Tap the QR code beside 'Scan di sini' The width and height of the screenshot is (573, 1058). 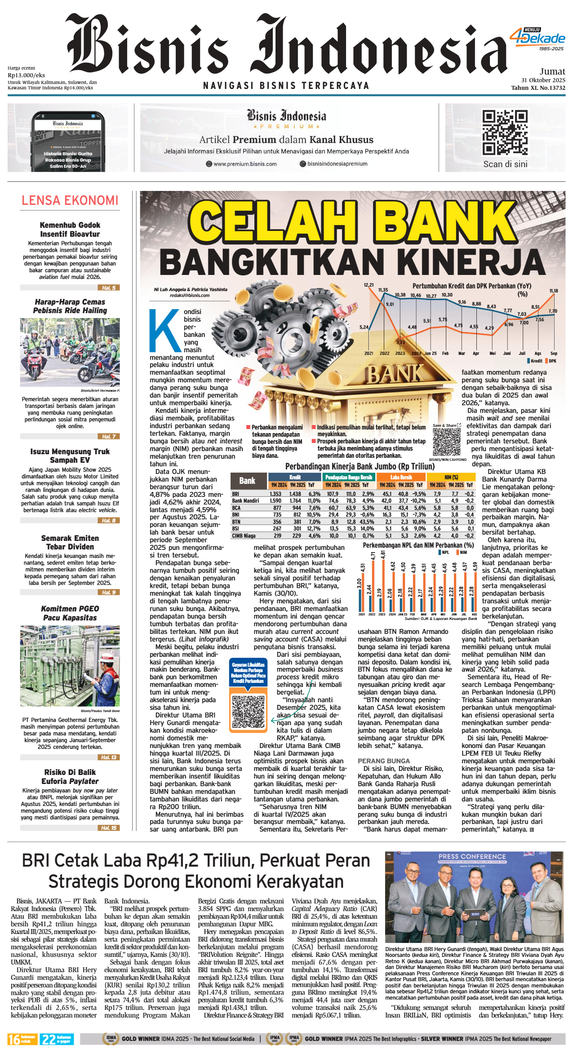point(505,133)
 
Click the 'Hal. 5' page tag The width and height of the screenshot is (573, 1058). point(108,288)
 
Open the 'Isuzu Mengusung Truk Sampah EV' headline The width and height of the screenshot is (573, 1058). point(70,456)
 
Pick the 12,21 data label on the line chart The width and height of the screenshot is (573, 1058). point(369,285)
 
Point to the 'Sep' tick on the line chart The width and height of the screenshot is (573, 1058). point(554,353)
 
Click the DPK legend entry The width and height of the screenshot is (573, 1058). point(551,361)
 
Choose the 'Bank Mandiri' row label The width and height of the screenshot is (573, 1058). point(245,500)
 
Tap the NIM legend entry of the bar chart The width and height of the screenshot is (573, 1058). point(462,553)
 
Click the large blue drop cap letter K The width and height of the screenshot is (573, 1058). point(164,330)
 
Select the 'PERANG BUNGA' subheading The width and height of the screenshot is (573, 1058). point(384,761)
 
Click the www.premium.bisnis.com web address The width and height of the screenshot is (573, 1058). point(245,164)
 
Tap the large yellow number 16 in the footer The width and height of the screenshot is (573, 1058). point(14,1039)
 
